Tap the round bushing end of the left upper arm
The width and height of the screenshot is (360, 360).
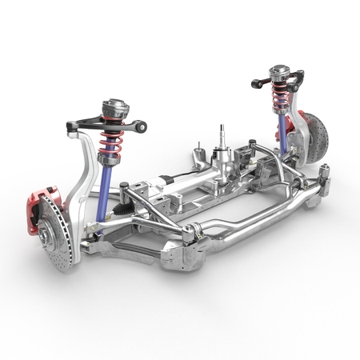pyautogui.click(x=142, y=125)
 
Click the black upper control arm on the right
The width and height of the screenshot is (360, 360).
pyautogui.click(x=264, y=82)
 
